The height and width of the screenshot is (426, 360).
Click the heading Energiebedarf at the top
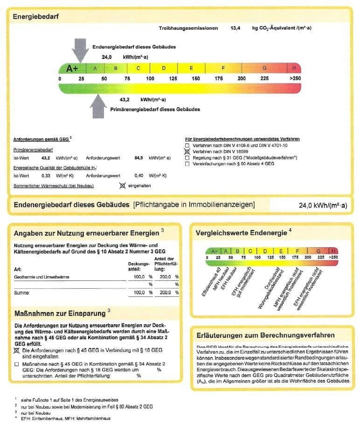(x=35, y=17)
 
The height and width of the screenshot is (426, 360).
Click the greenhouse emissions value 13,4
(x=235, y=28)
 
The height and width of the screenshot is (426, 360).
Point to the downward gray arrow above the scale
(x=81, y=49)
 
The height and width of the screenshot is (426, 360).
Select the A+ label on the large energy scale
(x=72, y=69)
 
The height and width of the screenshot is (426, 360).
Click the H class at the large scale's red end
(x=294, y=68)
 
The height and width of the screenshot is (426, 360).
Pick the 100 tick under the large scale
(x=150, y=78)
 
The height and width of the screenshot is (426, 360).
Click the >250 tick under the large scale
(x=295, y=78)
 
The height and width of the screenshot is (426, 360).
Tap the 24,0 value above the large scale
(x=107, y=57)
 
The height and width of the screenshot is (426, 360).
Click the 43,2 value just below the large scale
(x=125, y=99)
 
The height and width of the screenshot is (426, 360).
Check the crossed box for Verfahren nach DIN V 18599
(x=187, y=152)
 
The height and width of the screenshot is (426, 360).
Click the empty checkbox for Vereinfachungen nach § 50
(x=187, y=164)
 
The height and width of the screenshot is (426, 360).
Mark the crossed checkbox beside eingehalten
(x=123, y=185)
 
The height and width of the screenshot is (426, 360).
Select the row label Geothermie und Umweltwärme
(x=42, y=277)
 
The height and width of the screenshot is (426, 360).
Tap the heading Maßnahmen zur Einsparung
(x=61, y=313)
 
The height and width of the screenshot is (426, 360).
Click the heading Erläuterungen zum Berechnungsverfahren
(x=265, y=335)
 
